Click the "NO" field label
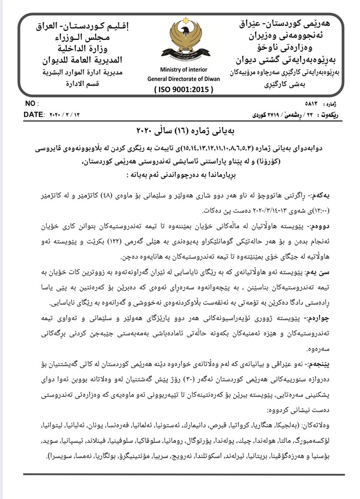30,103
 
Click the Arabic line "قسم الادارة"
83,84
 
